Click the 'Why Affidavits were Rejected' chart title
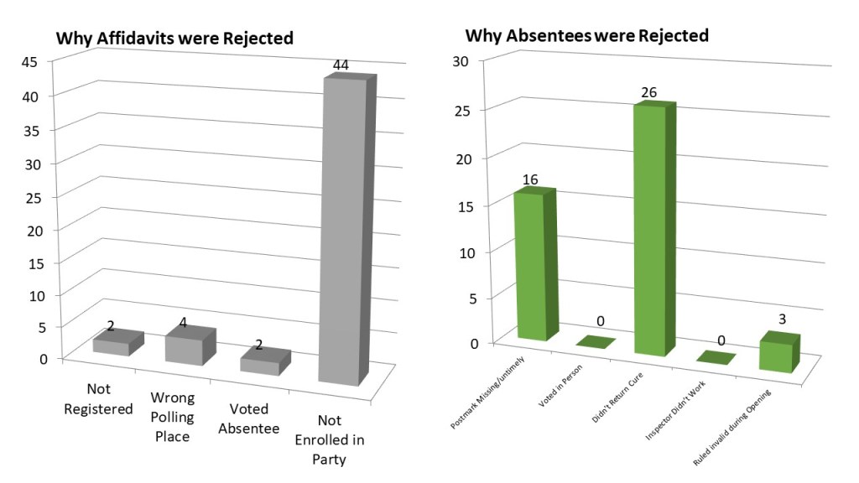click(174, 39)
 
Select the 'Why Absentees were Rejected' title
click(586, 36)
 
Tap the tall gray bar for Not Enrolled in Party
click(341, 231)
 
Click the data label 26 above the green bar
click(648, 93)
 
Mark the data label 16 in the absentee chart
click(531, 180)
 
